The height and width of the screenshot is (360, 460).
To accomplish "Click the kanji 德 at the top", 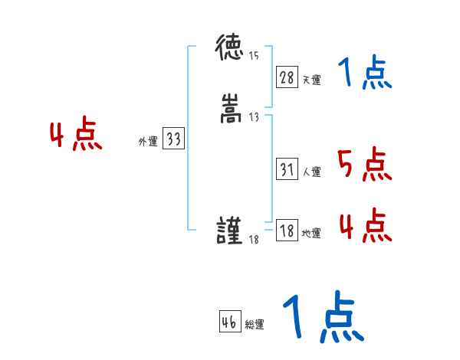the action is pyautogui.click(x=229, y=50).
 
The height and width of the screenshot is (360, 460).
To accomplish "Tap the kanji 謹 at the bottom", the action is pyautogui.click(x=229, y=231).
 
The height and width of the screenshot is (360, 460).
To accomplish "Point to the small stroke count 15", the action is pyautogui.click(x=254, y=55).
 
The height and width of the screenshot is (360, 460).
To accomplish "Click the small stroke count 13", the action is pyautogui.click(x=254, y=116).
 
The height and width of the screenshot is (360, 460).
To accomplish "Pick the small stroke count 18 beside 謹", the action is pyautogui.click(x=255, y=241).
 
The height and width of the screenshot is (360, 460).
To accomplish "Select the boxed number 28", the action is pyautogui.click(x=287, y=77).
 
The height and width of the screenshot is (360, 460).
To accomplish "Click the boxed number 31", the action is pyautogui.click(x=287, y=170).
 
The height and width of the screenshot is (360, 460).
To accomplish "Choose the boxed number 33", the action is pyautogui.click(x=173, y=139).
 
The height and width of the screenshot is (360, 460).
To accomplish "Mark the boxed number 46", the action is pyautogui.click(x=229, y=322).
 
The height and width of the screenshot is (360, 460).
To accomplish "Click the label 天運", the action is pyautogui.click(x=311, y=80).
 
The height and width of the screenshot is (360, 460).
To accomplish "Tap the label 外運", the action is pyautogui.click(x=147, y=142).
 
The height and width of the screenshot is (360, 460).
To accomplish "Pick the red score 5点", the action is pyautogui.click(x=363, y=164).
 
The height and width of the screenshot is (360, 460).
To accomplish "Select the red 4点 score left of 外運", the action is pyautogui.click(x=76, y=136).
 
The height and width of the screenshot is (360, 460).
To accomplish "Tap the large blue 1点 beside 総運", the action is pyautogui.click(x=322, y=318).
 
